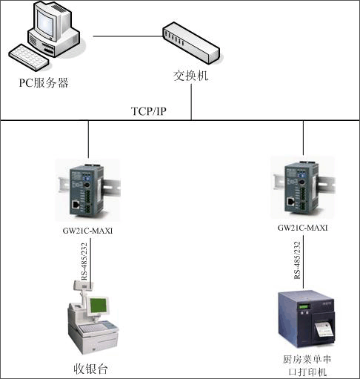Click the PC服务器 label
[44, 82]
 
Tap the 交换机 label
[190, 76]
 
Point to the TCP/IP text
[148, 111]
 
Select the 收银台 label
[90, 369]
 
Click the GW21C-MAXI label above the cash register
[87, 231]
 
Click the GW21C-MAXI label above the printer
[303, 228]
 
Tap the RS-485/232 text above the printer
[297, 260]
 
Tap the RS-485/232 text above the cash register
[84, 262]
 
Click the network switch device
[191, 43]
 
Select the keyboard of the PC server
[29, 57]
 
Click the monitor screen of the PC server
[45, 23]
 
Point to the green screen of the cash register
[99, 306]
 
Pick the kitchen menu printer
[307, 320]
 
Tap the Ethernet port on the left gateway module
[76, 205]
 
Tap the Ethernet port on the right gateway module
[290, 202]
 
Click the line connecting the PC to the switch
[128, 36]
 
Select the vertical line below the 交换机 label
[191, 102]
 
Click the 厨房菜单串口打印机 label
[307, 366]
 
